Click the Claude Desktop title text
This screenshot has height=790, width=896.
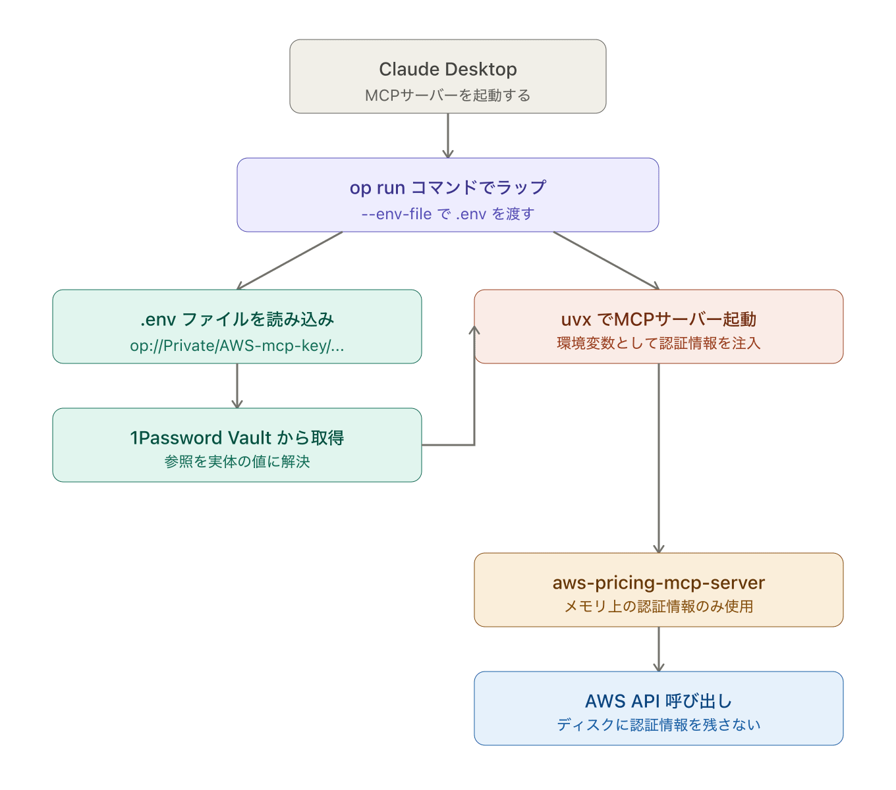pos(447,69)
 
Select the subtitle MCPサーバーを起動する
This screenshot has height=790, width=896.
pos(447,95)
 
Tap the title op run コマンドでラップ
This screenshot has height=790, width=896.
pos(447,188)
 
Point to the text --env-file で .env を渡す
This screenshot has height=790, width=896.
pos(447,214)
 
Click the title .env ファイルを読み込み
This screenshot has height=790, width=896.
pos(237,319)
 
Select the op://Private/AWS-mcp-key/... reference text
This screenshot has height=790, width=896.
pos(237,346)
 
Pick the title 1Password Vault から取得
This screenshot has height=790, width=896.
pos(237,438)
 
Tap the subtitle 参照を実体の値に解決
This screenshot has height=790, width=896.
pos(237,461)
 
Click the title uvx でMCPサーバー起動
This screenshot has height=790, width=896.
pos(658,319)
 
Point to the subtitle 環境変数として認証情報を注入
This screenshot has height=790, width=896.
pos(658,343)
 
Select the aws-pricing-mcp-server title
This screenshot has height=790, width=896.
pos(658,583)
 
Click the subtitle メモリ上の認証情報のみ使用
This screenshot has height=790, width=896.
pos(658,606)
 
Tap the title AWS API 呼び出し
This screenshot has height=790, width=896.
pos(658,701)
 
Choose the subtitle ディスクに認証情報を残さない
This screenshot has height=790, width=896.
pos(658,725)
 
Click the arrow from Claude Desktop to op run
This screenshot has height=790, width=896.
pos(448,135)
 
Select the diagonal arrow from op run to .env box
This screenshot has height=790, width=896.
pos(290,260)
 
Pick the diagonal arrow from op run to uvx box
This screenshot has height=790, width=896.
pos(606,260)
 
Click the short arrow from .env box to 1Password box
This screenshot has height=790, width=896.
pos(237,385)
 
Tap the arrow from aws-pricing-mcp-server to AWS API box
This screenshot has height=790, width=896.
pos(659,648)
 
